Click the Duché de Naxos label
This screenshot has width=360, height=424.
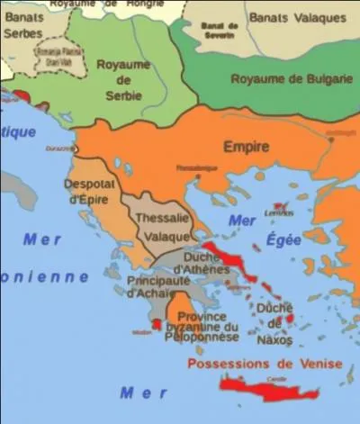274,322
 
